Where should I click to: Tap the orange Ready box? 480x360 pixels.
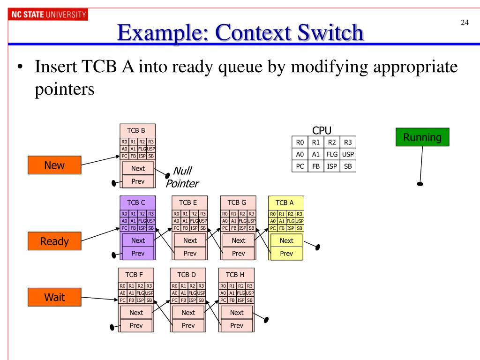pyautogui.click(x=54, y=241)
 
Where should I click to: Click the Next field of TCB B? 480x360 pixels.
pyautogui.click(x=138, y=168)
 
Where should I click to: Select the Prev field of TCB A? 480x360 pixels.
pyautogui.click(x=286, y=253)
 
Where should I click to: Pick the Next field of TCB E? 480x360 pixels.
pyautogui.click(x=190, y=240)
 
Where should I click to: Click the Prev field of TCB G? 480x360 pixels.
pyautogui.click(x=238, y=253)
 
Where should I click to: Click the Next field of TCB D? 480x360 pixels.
pyautogui.click(x=188, y=312)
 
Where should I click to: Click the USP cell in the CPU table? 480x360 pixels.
pyautogui.click(x=348, y=153)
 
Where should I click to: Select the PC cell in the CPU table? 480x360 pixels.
pyautogui.click(x=300, y=166)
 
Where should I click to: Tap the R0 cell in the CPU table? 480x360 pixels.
pyautogui.click(x=300, y=141)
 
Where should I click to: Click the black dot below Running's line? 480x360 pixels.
pyautogui.click(x=420, y=184)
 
